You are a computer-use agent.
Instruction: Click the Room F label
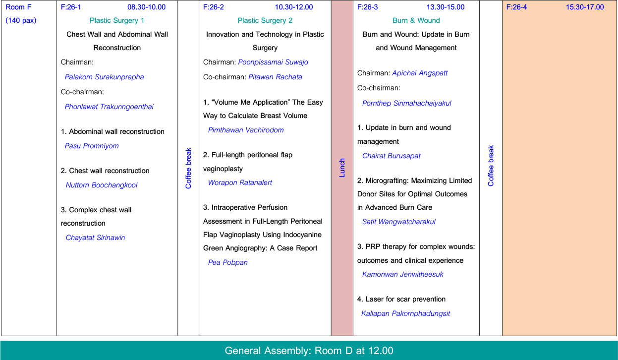tap(18, 7)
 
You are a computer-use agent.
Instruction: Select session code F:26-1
tap(71, 7)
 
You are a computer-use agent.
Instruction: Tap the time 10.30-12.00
tap(294, 7)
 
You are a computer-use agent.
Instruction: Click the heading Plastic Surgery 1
tap(117, 21)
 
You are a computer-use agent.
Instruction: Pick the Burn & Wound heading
tap(416, 21)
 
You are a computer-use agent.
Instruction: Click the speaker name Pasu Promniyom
tap(92, 146)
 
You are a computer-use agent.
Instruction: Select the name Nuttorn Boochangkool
tap(102, 185)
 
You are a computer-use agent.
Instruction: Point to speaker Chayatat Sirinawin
tap(95, 238)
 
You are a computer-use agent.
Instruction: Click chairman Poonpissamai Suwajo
tap(273, 62)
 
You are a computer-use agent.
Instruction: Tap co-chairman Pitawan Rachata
tap(275, 77)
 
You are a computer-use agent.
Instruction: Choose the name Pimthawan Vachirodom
tap(246, 130)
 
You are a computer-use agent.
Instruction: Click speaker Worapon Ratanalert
tap(240, 182)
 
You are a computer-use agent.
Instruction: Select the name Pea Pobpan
tap(227, 262)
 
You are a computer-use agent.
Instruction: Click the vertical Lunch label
tap(342, 168)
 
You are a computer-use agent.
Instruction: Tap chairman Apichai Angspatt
tap(420, 73)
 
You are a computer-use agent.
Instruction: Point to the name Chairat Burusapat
tap(392, 156)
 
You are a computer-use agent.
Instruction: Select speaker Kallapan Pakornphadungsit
tap(405, 313)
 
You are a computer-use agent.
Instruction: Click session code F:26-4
tap(516, 7)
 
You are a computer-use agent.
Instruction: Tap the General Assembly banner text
tap(309, 351)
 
